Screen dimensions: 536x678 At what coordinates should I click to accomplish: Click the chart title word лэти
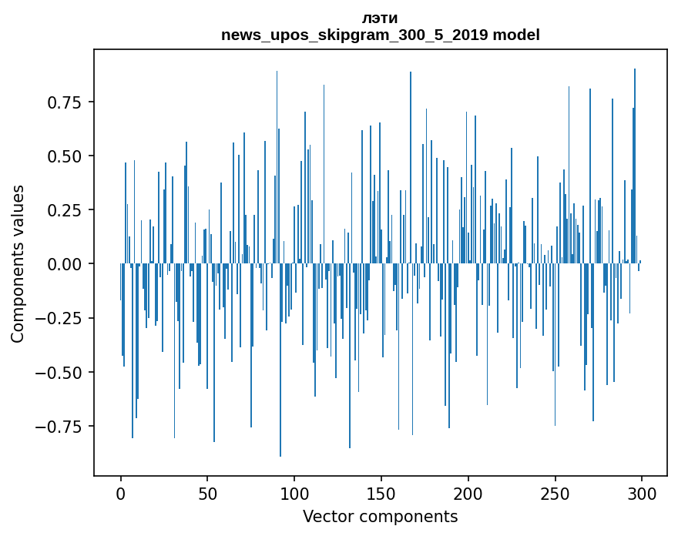380,18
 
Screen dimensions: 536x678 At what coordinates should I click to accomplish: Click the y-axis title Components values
18,263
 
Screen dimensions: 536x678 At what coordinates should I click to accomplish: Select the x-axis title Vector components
380,517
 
